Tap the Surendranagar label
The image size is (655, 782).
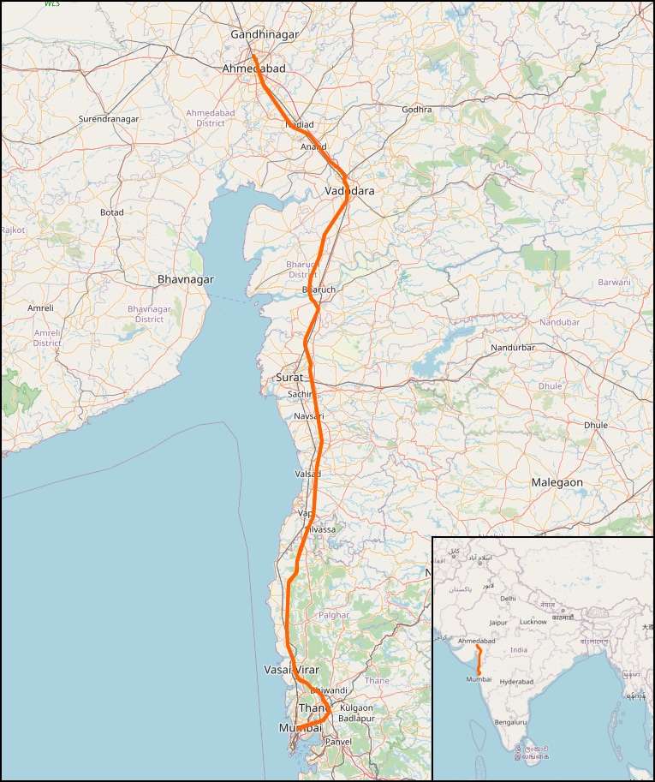click(x=108, y=118)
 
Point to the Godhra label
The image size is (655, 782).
click(x=417, y=110)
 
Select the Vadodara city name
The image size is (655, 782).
click(x=350, y=191)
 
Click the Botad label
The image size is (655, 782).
click(x=111, y=212)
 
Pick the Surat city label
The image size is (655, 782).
click(x=289, y=377)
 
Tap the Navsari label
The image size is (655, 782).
click(x=309, y=415)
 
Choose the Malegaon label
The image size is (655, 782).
click(x=557, y=482)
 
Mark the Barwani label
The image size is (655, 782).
click(x=614, y=282)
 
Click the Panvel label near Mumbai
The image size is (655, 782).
click(x=338, y=741)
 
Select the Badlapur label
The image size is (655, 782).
click(x=357, y=719)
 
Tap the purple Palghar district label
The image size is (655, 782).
click(x=333, y=615)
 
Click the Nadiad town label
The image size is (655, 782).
click(x=299, y=124)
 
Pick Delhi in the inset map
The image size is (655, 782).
click(x=508, y=599)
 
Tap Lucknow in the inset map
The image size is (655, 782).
click(x=533, y=622)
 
